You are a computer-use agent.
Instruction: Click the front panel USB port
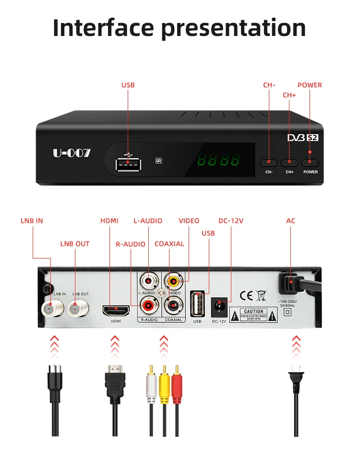[x=128, y=164]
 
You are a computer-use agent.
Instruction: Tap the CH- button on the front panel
[x=269, y=163]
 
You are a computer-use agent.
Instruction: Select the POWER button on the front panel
[x=310, y=163]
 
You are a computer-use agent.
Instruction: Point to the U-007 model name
[x=72, y=153]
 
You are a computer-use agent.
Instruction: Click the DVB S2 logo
[x=302, y=138]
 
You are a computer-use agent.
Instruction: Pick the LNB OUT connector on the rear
[x=75, y=308]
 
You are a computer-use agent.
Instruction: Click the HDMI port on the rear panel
[x=115, y=310]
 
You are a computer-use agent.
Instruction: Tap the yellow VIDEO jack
[x=173, y=281]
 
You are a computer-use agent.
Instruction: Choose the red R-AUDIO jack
[x=148, y=304]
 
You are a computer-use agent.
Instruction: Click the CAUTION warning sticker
[x=253, y=315]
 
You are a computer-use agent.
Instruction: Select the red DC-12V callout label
[x=231, y=221]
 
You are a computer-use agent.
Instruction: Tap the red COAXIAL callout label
[x=169, y=244]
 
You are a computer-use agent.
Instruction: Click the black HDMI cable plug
[x=115, y=379]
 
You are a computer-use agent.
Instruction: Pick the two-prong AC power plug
[x=296, y=379]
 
